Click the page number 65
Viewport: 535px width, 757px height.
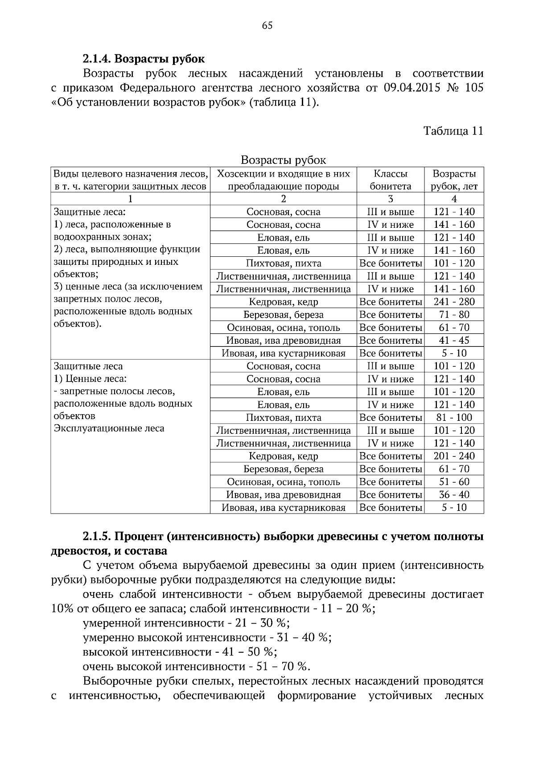point(267,25)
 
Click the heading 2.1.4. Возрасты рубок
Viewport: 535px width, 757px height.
point(144,59)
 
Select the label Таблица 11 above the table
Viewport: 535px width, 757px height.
point(453,131)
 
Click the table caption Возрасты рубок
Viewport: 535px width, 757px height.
point(283,160)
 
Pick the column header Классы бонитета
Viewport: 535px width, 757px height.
point(390,180)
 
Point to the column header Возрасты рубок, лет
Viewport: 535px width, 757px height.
point(454,180)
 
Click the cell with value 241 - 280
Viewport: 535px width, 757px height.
point(454,302)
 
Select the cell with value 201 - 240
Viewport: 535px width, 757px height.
point(454,456)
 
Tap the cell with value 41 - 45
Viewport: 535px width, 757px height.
point(454,341)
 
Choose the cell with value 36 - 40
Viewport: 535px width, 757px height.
point(454,495)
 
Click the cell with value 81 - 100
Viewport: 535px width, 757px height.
point(454,418)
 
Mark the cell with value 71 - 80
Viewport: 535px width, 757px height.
point(454,315)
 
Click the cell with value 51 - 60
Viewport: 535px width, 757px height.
point(454,482)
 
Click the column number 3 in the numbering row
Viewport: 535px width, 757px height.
point(390,199)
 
